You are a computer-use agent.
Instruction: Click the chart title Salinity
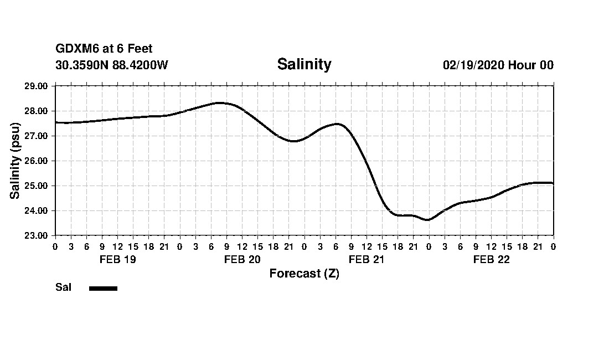[x=304, y=64]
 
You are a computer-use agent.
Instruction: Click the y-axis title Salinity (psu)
[x=16, y=161]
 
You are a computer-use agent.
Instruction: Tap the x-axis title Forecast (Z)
[x=304, y=274]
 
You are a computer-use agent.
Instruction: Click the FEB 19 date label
[x=117, y=260]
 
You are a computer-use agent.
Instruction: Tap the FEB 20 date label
[x=242, y=260]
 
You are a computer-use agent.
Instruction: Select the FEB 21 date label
[x=367, y=260]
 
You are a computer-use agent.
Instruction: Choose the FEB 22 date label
[x=491, y=260]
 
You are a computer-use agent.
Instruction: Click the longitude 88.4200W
[x=140, y=65]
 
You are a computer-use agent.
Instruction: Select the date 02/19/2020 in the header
[x=473, y=65]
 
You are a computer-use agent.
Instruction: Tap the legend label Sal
[x=63, y=287]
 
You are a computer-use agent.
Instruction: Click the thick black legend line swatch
[x=103, y=288]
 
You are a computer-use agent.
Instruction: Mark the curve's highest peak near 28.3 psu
[x=219, y=103]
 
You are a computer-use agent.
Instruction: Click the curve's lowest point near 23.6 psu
[x=427, y=220]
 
